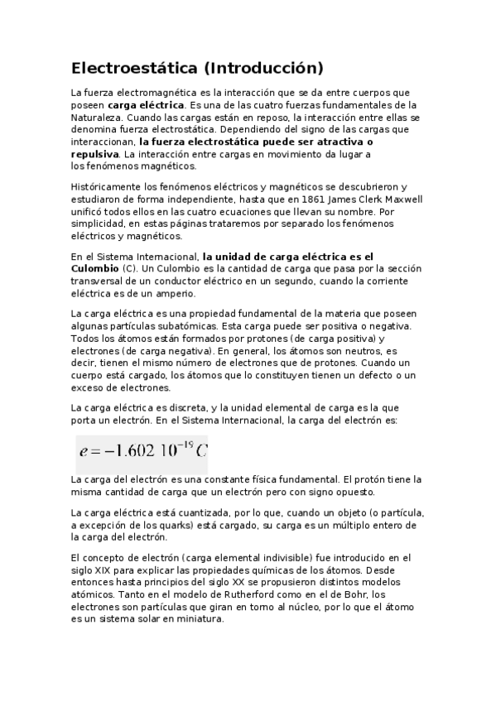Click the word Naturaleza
click(x=98, y=118)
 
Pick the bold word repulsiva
click(x=94, y=154)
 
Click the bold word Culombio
click(x=94, y=269)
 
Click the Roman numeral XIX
click(x=109, y=570)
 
